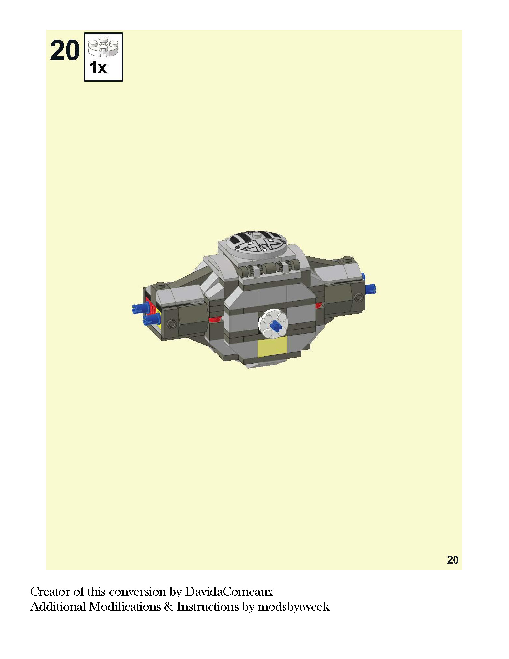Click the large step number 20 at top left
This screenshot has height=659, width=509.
coord(65,50)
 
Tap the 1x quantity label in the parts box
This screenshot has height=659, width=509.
coord(98,67)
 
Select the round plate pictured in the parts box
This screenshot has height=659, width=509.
coord(103,46)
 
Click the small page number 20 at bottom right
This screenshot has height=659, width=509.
coord(453,560)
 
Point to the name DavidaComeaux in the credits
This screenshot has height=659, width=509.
coord(229,592)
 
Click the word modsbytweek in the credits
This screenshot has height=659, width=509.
coord(293,607)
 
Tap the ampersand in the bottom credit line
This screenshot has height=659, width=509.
coord(169,607)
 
